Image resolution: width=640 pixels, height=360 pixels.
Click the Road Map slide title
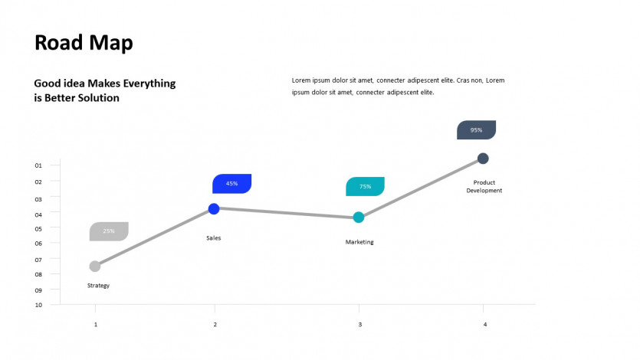tap(84, 43)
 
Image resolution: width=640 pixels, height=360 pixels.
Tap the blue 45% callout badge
tap(231, 184)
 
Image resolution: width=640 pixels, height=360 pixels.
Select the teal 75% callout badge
tap(365, 186)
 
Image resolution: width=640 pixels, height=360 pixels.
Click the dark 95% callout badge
tap(476, 130)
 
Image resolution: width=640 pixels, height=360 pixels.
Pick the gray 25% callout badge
tap(109, 231)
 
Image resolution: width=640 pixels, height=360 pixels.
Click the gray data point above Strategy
tap(95, 267)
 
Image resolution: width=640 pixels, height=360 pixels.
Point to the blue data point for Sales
tap(214, 209)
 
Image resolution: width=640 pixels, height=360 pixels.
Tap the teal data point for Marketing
tap(359, 218)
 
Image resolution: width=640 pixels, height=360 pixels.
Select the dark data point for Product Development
tap(483, 159)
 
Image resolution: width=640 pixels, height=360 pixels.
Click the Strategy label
tap(98, 286)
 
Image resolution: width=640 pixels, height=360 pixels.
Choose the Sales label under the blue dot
tap(214, 238)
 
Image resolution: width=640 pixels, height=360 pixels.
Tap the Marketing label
tap(359, 242)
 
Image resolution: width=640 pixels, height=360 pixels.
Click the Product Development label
tap(484, 186)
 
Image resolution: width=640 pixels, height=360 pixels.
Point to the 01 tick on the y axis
tap(38, 165)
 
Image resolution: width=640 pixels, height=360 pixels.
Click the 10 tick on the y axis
tap(38, 305)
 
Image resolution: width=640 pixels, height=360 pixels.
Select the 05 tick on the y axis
tap(38, 229)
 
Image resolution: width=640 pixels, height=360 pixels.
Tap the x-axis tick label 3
tap(360, 325)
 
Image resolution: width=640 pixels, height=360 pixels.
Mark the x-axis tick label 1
tap(96, 325)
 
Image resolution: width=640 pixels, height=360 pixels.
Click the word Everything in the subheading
tap(149, 83)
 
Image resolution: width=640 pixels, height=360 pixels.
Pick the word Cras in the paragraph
tap(463, 80)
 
